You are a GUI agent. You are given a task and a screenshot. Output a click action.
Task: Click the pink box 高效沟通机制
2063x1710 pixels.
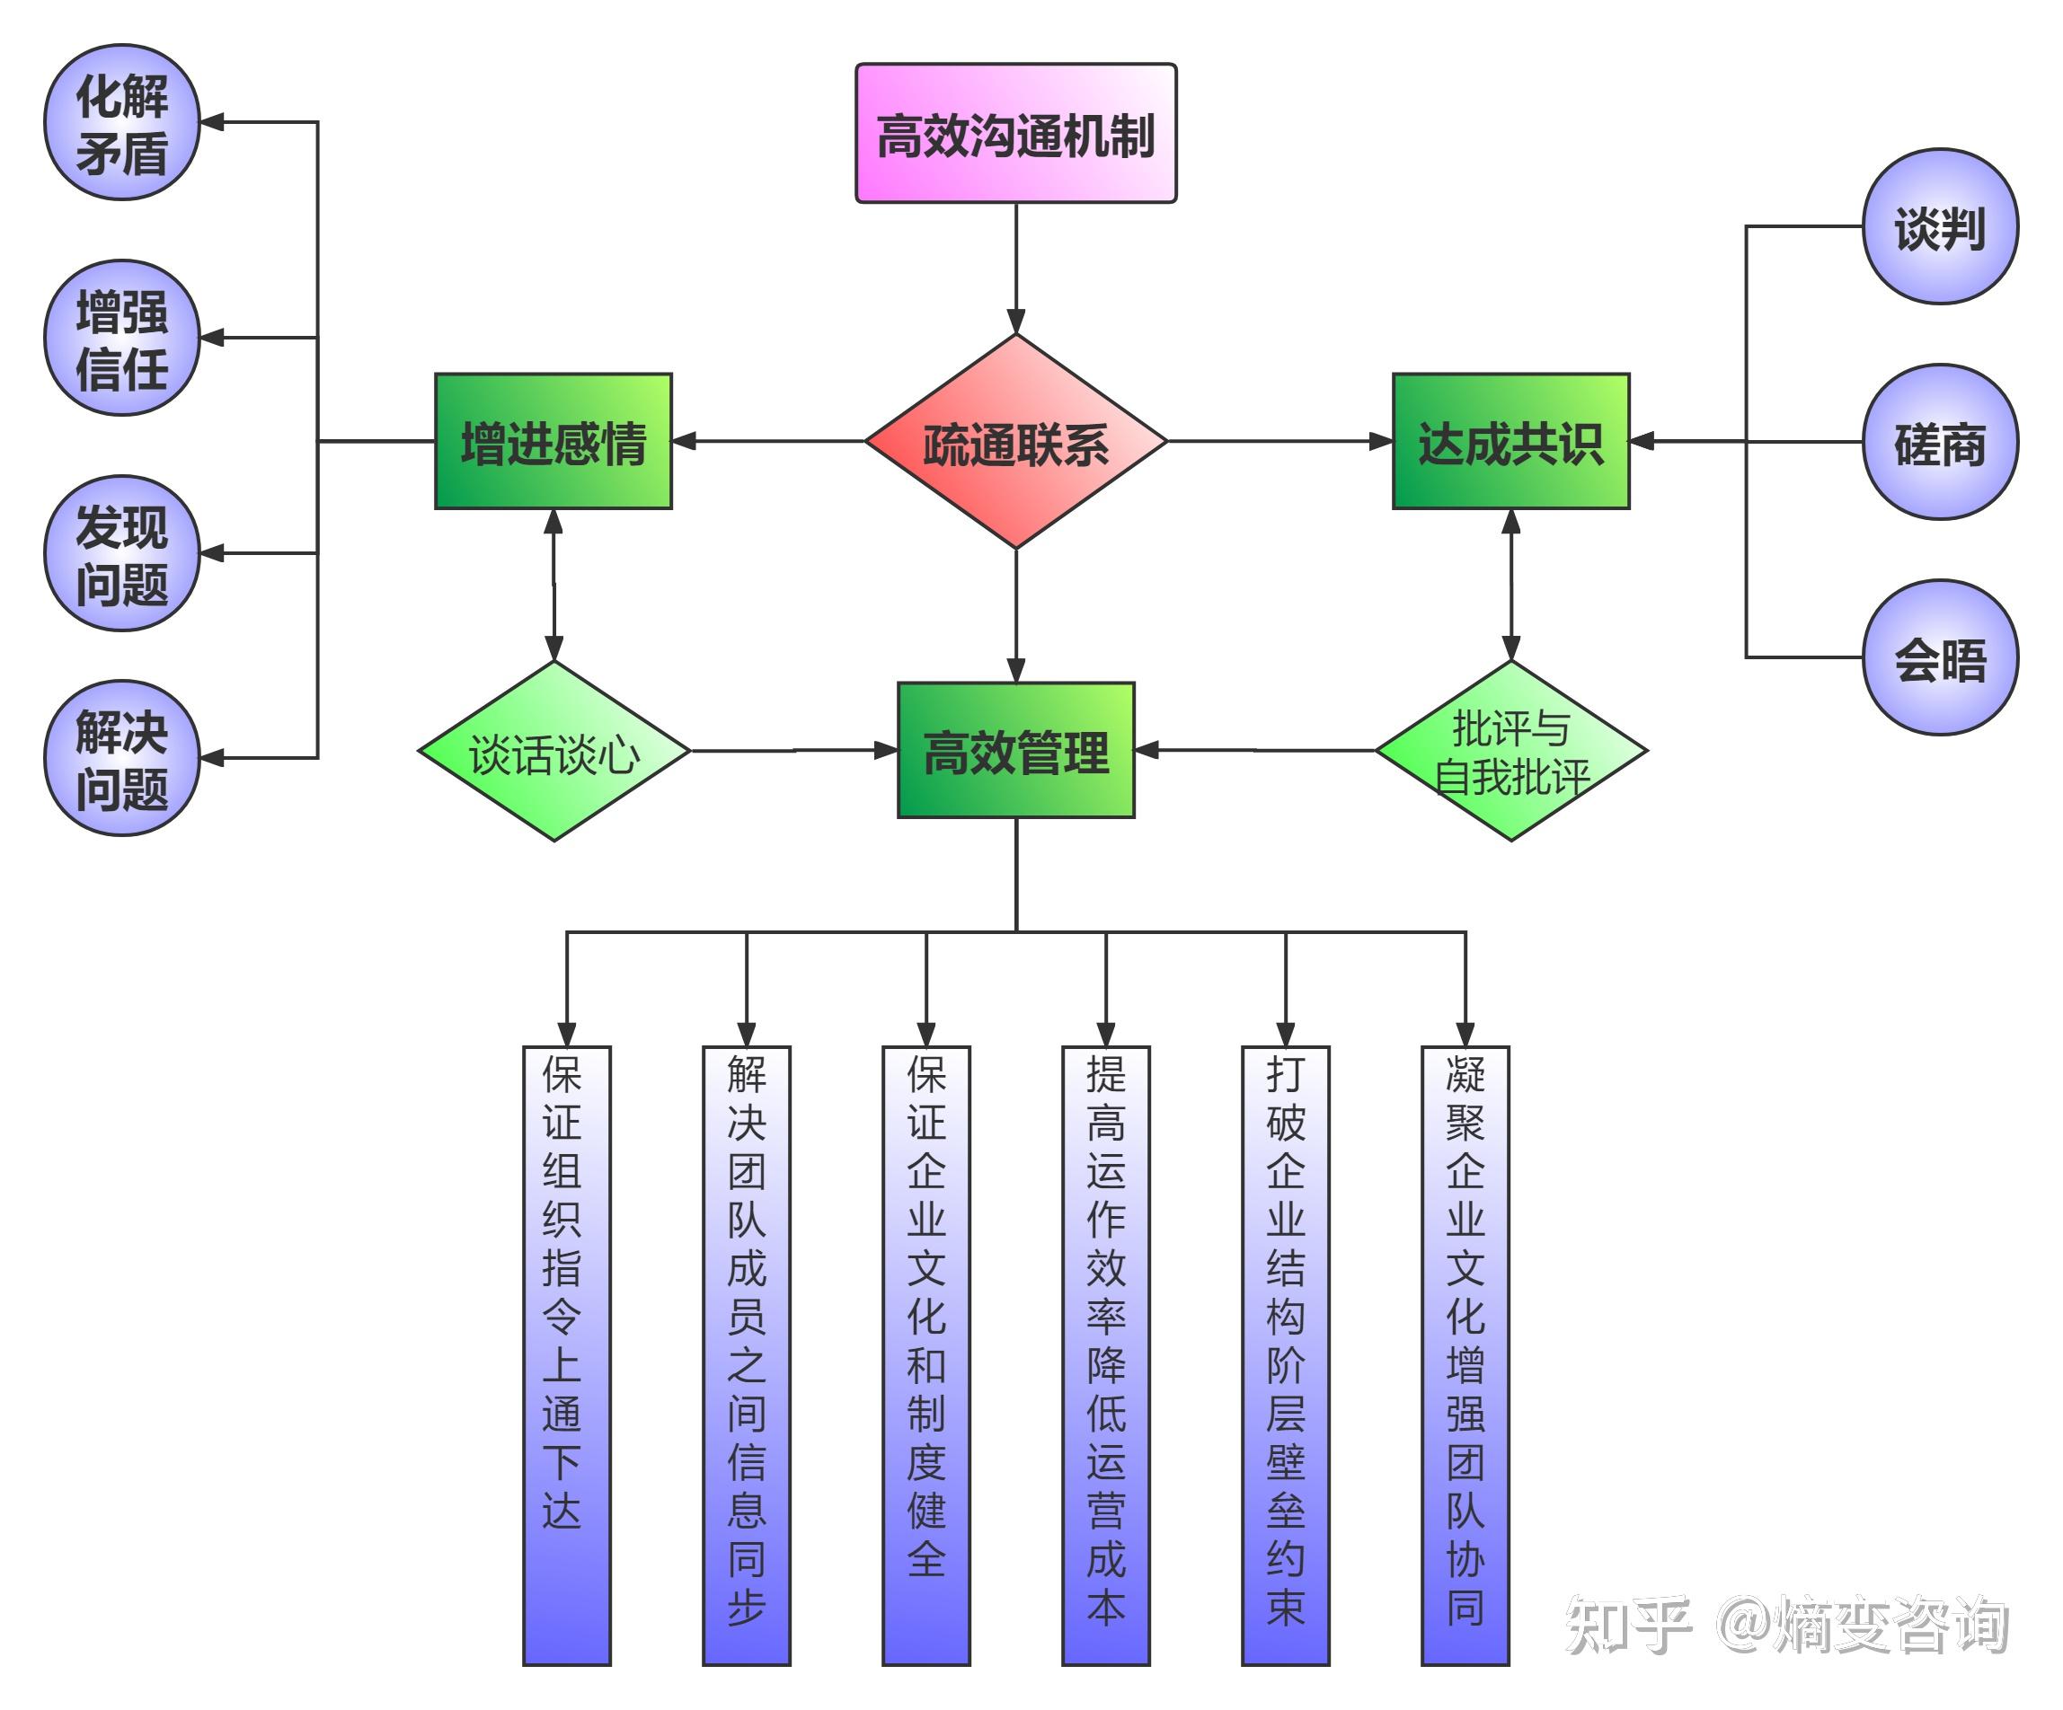[x=1016, y=134]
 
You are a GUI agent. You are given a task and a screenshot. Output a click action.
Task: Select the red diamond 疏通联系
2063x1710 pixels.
[x=1016, y=442]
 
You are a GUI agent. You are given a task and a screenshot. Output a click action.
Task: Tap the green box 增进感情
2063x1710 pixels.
[x=553, y=441]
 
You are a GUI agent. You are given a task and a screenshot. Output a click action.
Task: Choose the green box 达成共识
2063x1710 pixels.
[x=1511, y=441]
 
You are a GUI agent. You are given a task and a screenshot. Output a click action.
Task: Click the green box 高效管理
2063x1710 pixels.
[x=1016, y=751]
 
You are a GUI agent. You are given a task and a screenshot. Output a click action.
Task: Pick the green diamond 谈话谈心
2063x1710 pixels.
[x=554, y=752]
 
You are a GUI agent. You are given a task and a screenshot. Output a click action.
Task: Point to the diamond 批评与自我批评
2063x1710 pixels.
[x=1511, y=752]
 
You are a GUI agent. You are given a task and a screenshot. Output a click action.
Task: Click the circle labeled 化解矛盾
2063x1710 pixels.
[x=122, y=123]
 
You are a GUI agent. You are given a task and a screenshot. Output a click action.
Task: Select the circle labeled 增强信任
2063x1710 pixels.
[x=122, y=338]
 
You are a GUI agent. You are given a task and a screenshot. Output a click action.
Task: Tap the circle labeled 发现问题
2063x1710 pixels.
[x=122, y=553]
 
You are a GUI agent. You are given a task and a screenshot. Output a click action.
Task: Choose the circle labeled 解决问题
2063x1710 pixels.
[x=122, y=758]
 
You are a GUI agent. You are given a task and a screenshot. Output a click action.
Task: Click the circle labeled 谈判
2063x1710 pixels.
[x=1940, y=227]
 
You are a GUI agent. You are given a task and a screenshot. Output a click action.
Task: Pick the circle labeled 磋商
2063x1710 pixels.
[x=1940, y=442]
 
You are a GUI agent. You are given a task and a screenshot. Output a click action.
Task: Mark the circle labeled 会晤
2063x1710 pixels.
[x=1940, y=657]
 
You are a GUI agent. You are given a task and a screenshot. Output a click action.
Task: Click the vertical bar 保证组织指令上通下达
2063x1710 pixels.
[x=566, y=1355]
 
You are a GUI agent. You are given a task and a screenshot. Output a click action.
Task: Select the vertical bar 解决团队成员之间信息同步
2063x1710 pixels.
[x=747, y=1355]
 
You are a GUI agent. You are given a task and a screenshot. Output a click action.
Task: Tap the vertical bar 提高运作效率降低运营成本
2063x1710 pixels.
[x=1106, y=1355]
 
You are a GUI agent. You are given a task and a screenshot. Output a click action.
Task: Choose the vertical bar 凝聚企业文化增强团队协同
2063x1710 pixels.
[x=1465, y=1355]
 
